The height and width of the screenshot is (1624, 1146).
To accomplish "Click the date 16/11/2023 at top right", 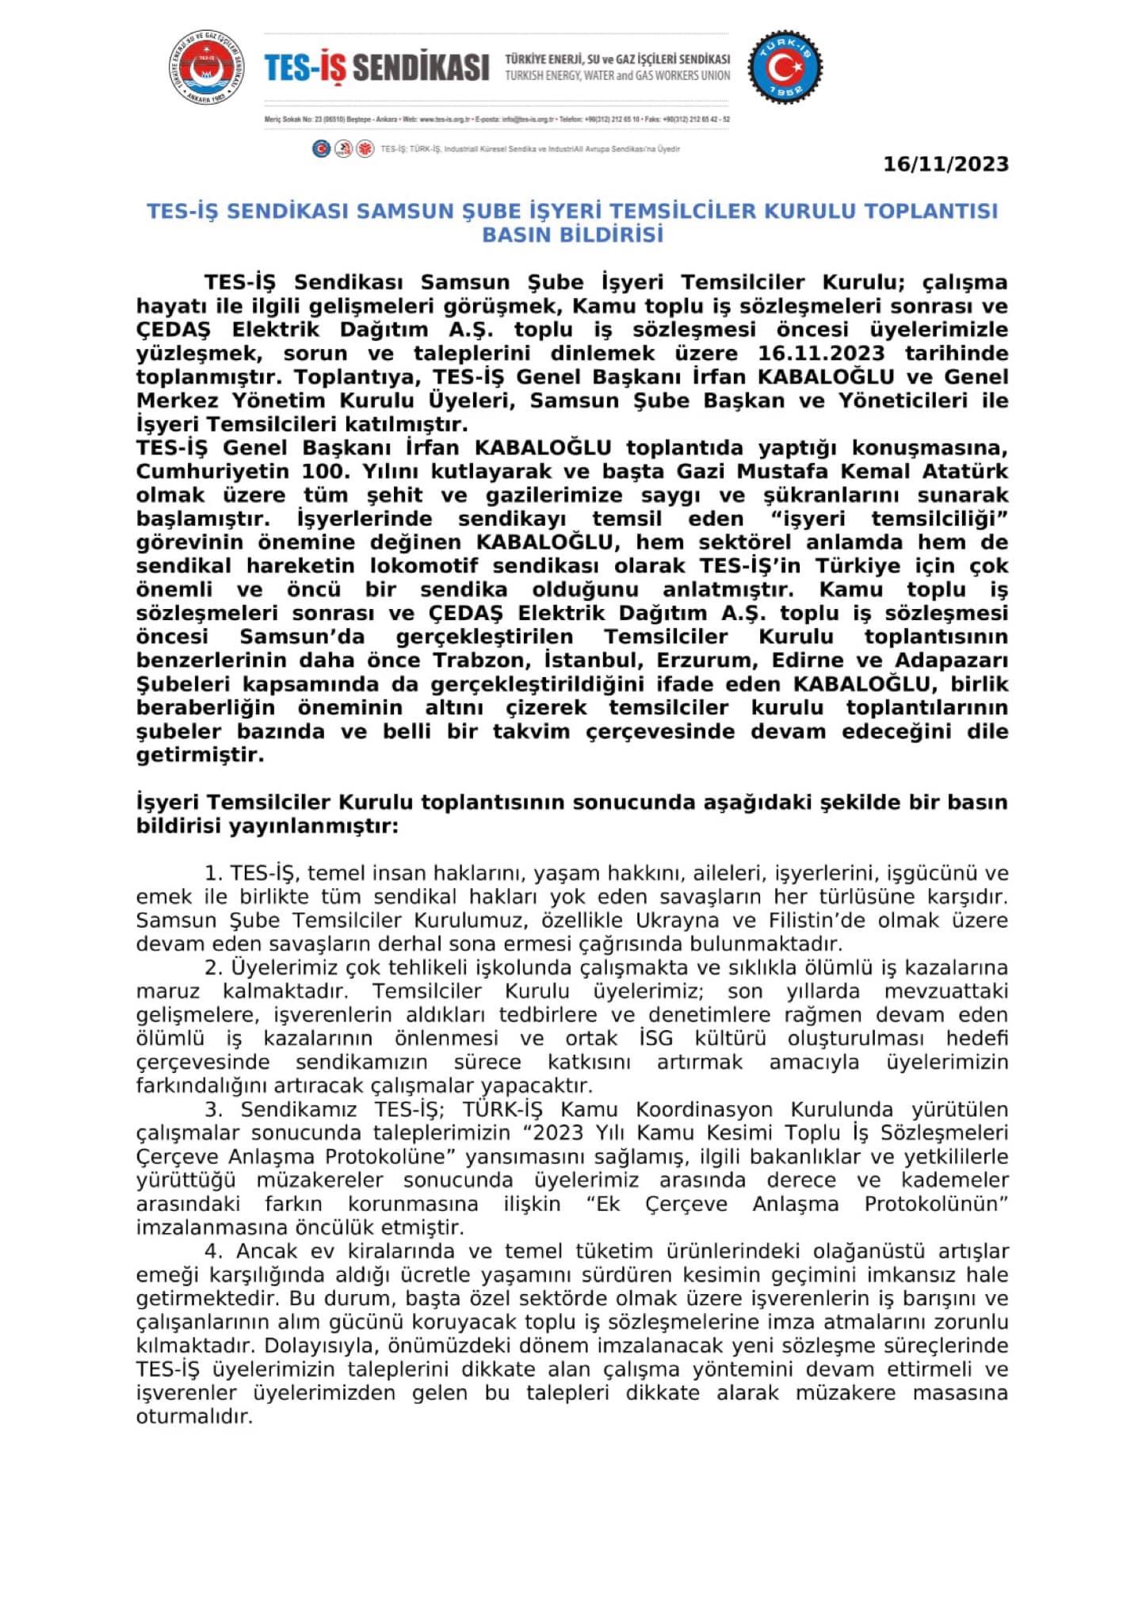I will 945,164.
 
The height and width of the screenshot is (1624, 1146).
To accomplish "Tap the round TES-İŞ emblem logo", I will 206,68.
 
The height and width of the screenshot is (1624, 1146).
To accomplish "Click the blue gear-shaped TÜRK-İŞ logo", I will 785,67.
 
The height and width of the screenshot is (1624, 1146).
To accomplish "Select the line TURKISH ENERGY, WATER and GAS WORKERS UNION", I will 617,76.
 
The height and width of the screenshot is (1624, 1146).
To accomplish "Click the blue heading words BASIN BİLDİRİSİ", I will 572,235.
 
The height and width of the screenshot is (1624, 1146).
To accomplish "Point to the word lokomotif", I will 424,565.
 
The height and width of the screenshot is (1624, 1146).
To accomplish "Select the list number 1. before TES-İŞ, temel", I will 213,874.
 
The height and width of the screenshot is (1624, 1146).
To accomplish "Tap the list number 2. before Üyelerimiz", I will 213,968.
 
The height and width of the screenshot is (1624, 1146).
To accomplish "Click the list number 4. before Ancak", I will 213,1251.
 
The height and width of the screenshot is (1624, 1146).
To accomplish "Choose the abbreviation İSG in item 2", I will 655,1039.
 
